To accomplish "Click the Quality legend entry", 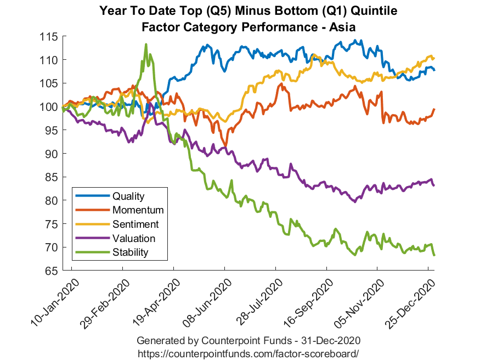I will coord(128,195).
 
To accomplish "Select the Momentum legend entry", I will coord(138,210).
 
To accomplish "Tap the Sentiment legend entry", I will coord(135,224).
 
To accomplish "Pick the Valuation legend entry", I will coord(133,238).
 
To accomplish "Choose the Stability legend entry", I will coord(130,252).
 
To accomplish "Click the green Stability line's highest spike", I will coord(146,44).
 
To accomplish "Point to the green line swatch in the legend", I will coord(92,252).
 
